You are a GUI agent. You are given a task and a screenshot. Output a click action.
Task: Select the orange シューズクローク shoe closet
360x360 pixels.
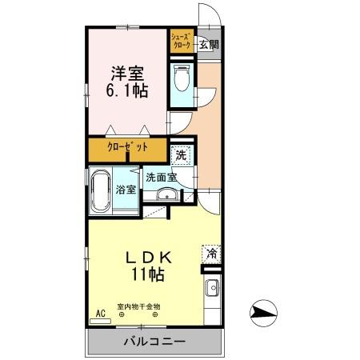click(x=180, y=42)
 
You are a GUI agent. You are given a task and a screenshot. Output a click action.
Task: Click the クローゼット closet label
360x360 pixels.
click(x=128, y=149)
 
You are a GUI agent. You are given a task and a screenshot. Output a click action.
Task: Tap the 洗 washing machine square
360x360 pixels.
click(x=182, y=154)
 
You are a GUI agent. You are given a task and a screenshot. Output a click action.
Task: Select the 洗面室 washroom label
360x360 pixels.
click(x=162, y=178)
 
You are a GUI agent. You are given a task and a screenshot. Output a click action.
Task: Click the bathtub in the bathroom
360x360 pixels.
click(x=102, y=192)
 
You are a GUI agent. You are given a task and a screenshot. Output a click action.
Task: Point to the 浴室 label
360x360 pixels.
click(x=126, y=191)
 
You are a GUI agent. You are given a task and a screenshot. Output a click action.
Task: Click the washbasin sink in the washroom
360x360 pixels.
click(x=168, y=195)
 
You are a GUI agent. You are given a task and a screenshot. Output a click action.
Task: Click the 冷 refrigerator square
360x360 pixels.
click(x=212, y=254)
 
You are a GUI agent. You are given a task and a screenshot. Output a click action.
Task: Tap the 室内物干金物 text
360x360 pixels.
click(x=139, y=306)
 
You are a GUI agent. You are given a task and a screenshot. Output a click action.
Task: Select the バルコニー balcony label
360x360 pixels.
click(x=154, y=342)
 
